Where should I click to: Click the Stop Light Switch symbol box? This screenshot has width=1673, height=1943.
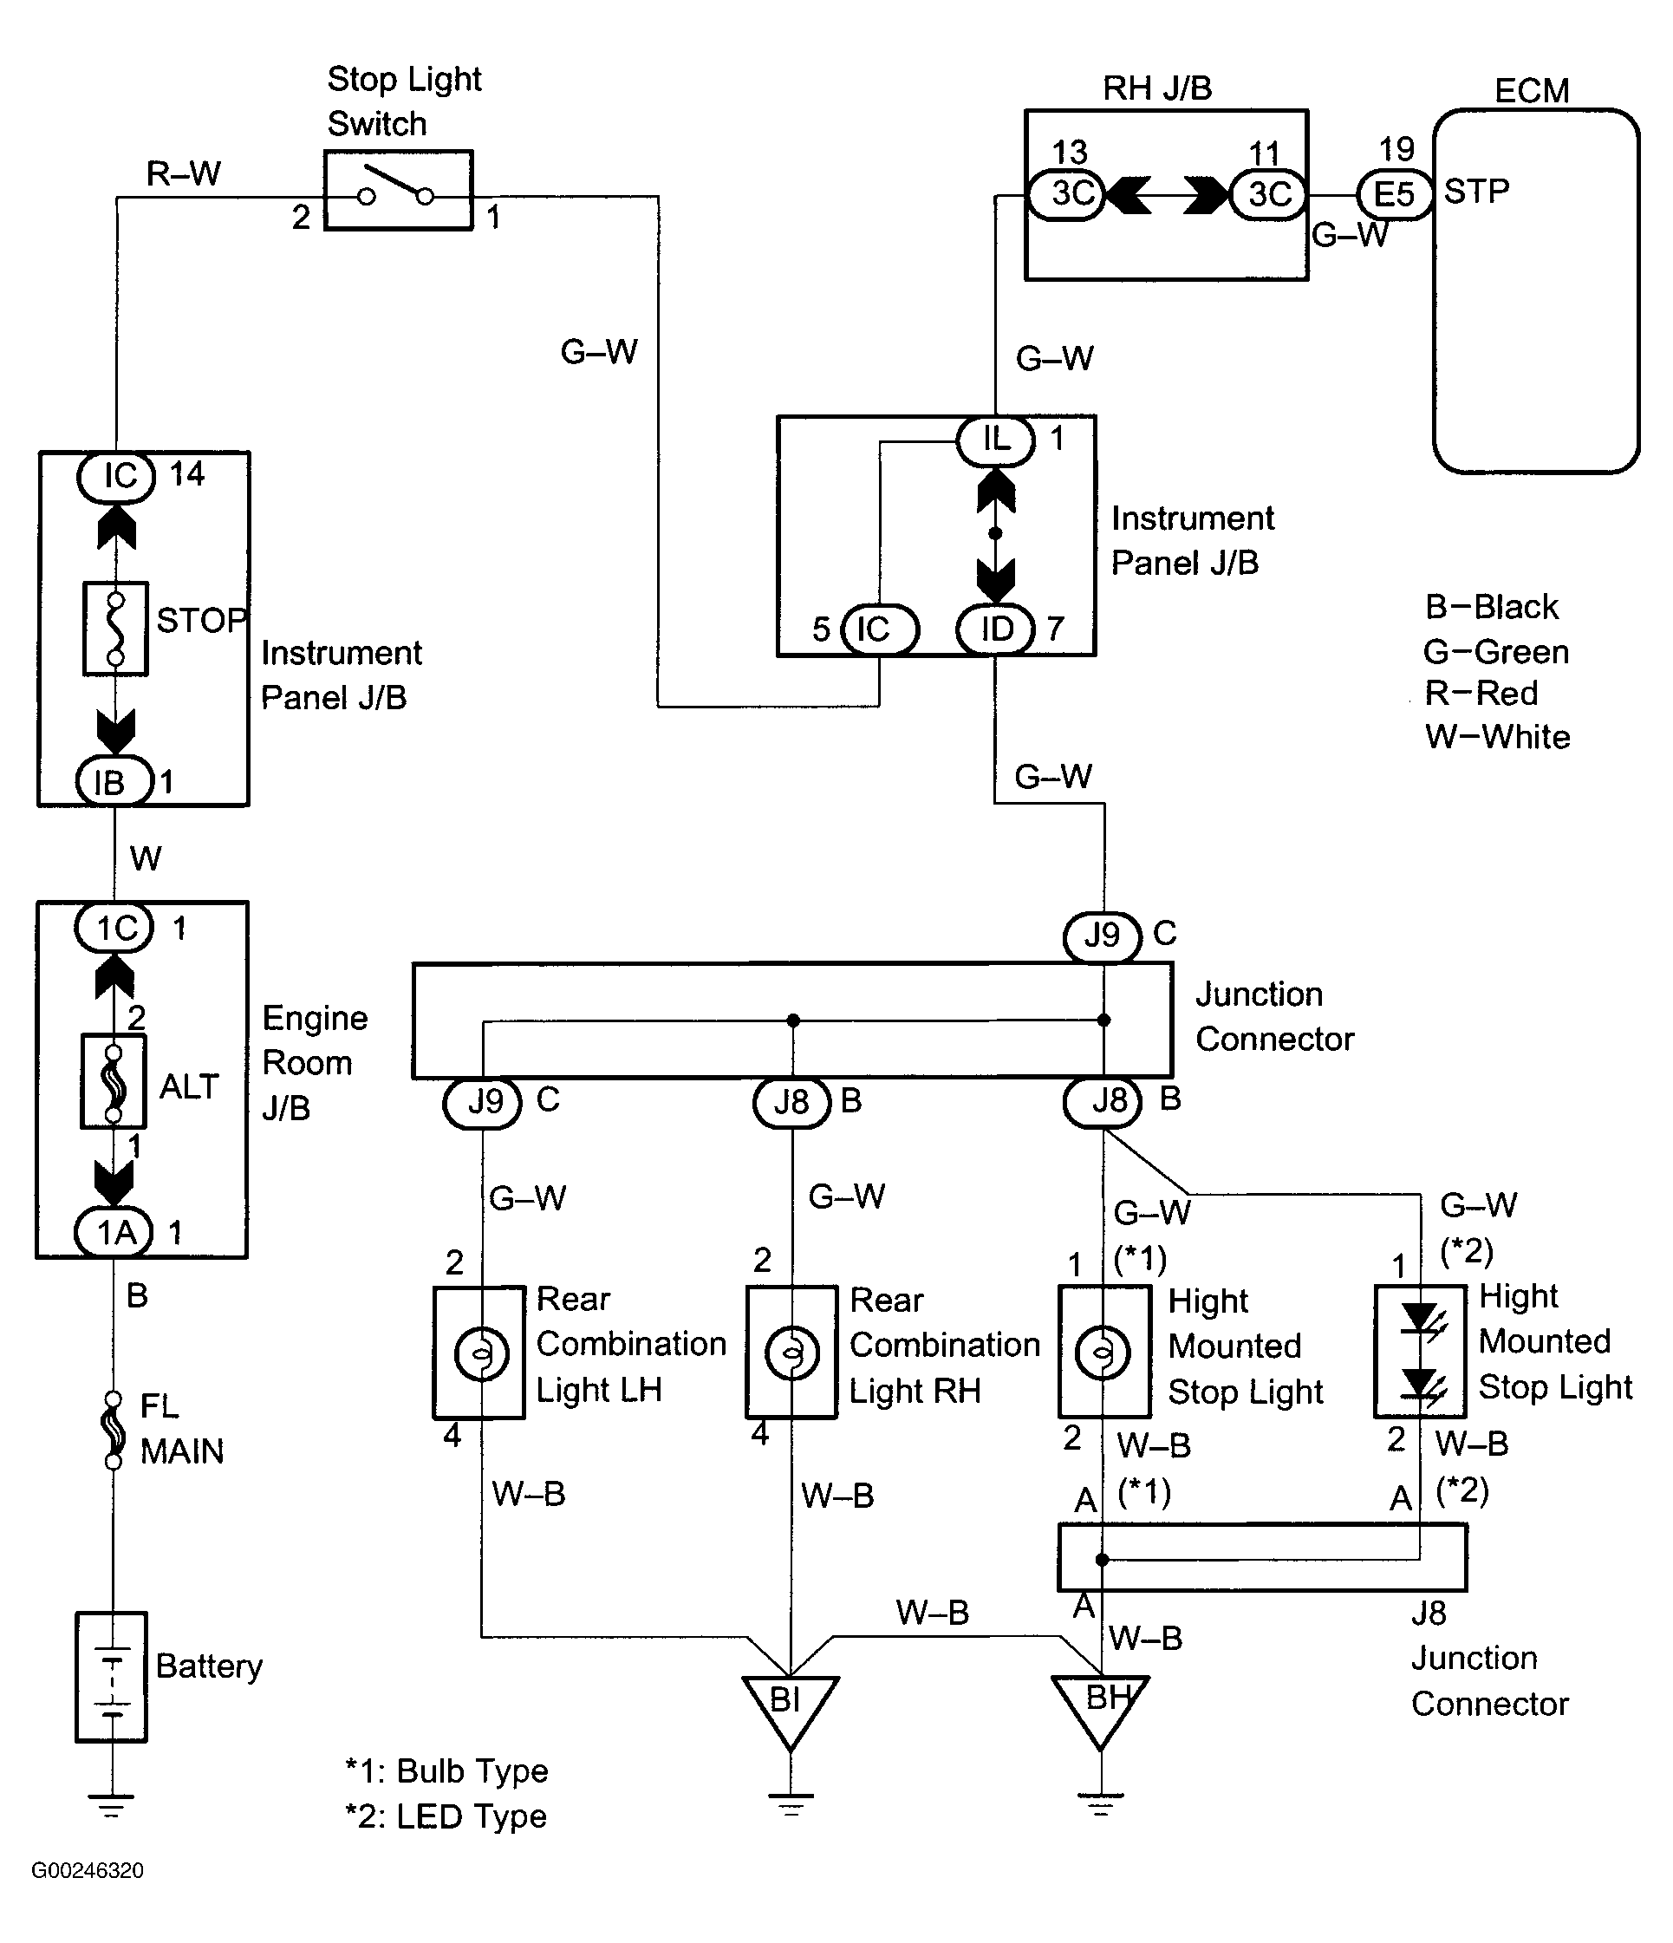(x=399, y=191)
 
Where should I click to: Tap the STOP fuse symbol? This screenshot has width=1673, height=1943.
(x=115, y=629)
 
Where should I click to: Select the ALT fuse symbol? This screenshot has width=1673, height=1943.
(x=114, y=1080)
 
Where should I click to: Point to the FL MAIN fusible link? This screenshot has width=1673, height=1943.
(x=114, y=1429)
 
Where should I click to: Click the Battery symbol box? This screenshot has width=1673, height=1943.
(x=112, y=1677)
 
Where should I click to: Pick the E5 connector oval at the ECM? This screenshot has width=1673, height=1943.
(x=1395, y=194)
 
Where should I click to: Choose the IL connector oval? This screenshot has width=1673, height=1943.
(x=996, y=439)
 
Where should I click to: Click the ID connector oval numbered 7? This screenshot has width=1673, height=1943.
(x=996, y=629)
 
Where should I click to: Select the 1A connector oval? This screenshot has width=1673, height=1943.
(x=114, y=1232)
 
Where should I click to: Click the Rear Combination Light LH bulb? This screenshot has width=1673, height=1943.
(x=481, y=1353)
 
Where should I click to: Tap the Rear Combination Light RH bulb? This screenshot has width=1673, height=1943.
(x=792, y=1353)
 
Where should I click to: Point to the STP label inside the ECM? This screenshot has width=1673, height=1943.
(x=1476, y=192)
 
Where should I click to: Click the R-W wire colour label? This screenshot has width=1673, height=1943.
(x=184, y=173)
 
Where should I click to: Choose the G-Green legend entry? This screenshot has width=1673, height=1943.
(x=1496, y=652)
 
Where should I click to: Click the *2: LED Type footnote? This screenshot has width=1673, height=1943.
(x=446, y=1816)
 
